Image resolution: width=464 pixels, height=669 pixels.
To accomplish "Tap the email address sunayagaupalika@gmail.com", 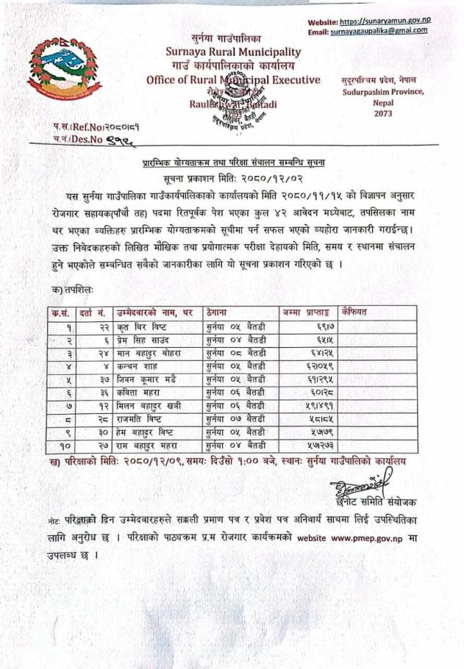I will click(379, 31).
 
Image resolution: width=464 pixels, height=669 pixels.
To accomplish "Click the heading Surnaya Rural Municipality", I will click(233, 51).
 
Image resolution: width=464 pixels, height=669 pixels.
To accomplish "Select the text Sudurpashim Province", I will click(382, 91).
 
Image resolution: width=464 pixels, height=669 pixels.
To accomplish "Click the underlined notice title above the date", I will click(235, 161).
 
